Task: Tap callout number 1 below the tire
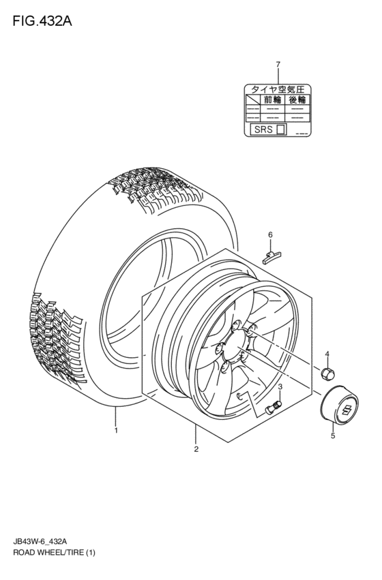click(116, 430)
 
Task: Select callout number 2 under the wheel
click(196, 449)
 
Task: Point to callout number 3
click(280, 386)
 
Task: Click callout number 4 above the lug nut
click(327, 354)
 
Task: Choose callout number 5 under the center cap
click(333, 436)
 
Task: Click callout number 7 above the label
click(278, 65)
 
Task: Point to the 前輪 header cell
click(273, 100)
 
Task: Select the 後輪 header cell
click(297, 100)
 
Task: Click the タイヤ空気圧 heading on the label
click(278, 89)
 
